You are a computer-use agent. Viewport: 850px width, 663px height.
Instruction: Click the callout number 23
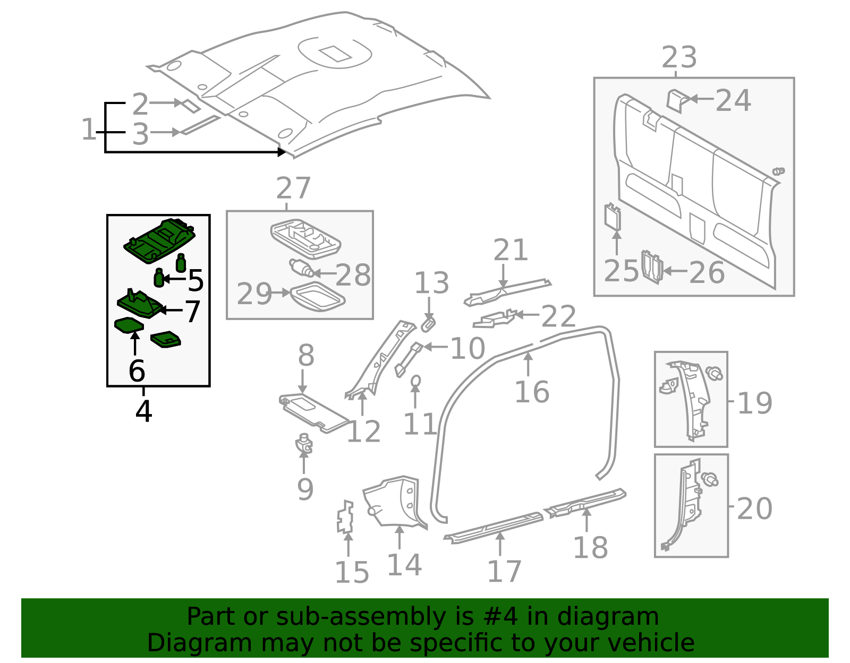pyautogui.click(x=679, y=57)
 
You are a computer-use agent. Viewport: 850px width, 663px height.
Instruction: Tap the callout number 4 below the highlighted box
pyautogui.click(x=143, y=411)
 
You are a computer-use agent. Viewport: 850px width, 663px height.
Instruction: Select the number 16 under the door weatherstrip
pyautogui.click(x=532, y=392)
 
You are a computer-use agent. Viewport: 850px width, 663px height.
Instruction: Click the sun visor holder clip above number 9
pyautogui.click(x=304, y=443)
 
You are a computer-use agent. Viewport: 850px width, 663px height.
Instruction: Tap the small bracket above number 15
pyautogui.click(x=345, y=516)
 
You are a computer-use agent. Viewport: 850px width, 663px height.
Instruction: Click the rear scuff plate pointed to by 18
pyautogui.click(x=587, y=501)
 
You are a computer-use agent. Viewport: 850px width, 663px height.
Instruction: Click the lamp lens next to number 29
pyautogui.click(x=317, y=297)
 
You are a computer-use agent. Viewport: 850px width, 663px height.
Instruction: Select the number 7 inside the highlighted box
pyautogui.click(x=192, y=311)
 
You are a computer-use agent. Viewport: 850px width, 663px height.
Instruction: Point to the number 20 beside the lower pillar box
pyautogui.click(x=754, y=509)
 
